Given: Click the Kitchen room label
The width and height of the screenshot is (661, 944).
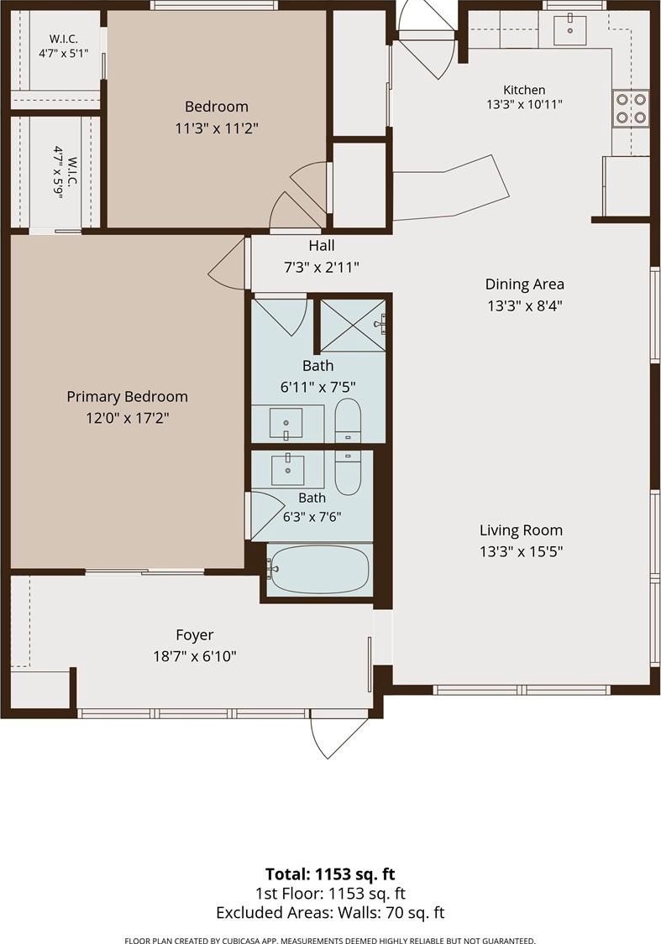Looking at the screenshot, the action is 524,90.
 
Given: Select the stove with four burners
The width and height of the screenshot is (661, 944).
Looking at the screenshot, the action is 631,107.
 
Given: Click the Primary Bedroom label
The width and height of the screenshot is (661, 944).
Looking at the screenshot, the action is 127,397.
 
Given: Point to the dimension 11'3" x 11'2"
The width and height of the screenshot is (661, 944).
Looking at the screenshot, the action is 217,128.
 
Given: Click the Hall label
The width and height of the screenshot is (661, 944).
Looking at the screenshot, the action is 322,246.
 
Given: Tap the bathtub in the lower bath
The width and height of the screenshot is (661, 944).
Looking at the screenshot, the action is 318,569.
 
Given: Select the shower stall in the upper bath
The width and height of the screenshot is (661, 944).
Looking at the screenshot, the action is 353,325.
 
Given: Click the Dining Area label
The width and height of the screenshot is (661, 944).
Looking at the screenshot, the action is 524,284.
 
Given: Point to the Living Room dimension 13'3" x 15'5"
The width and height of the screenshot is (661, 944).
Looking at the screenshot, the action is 522,551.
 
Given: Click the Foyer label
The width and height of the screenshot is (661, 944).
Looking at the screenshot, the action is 195,635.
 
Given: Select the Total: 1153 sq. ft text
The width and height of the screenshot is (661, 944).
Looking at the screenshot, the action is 330,874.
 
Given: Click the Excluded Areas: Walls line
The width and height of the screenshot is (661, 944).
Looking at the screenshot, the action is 330,913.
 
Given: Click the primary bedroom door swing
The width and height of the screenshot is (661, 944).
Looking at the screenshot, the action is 227,265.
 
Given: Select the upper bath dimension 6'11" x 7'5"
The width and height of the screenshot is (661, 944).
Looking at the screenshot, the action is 318,387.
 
